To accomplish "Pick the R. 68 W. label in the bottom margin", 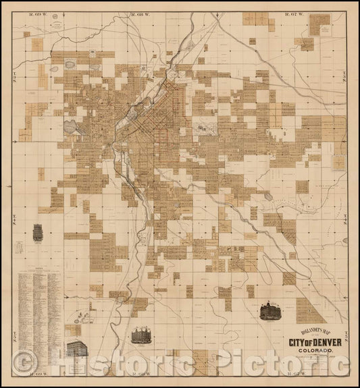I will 141,372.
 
